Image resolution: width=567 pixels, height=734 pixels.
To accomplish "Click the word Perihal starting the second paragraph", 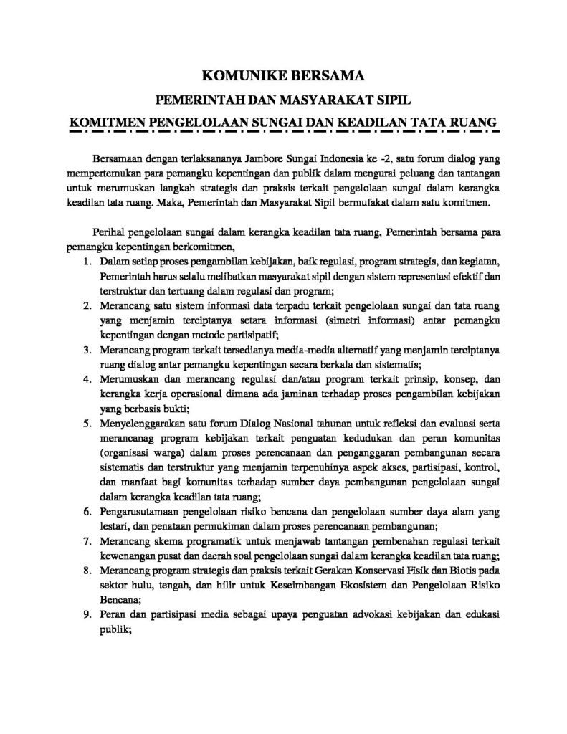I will pyautogui.click(x=110, y=232).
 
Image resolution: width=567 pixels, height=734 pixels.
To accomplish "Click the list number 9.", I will pyautogui.click(x=87, y=616).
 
